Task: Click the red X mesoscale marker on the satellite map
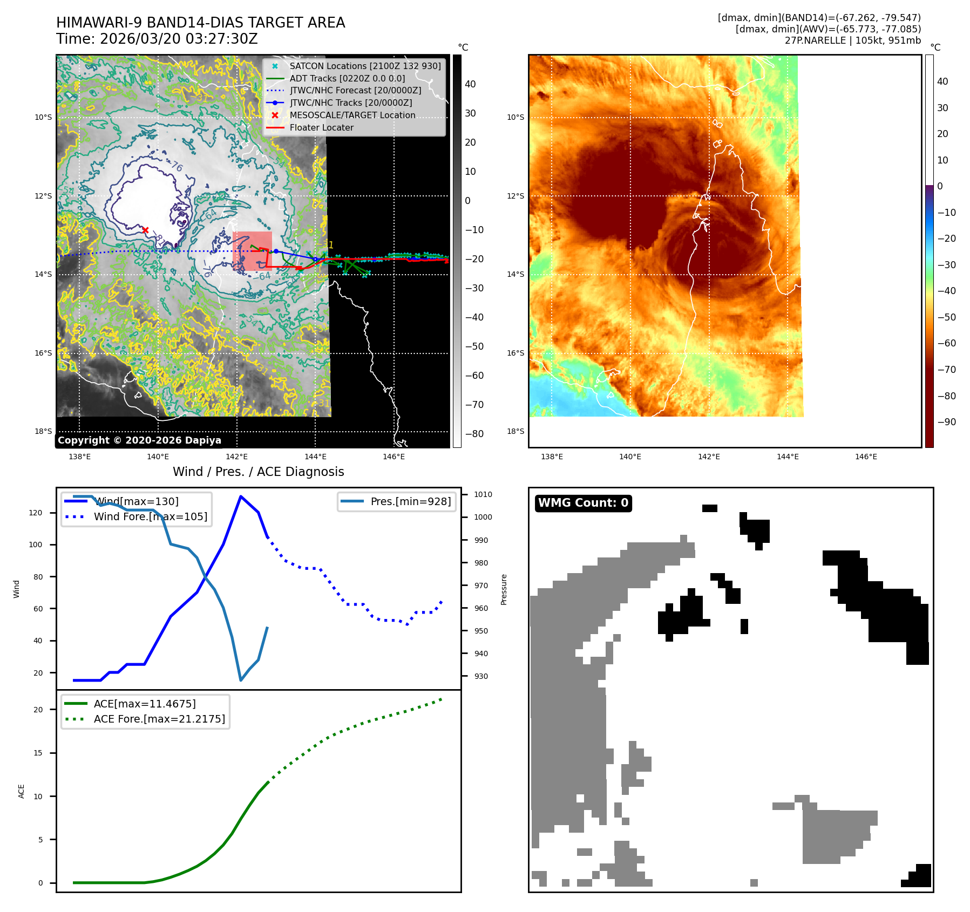pyautogui.click(x=145, y=230)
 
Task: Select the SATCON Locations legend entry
pyautogui.click(x=365, y=66)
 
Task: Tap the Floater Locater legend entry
pyautogui.click(x=321, y=127)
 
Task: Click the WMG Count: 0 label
pyautogui.click(x=583, y=503)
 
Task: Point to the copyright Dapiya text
pyautogui.click(x=139, y=440)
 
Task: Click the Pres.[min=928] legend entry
pyautogui.click(x=410, y=501)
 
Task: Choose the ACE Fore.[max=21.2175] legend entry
pyautogui.click(x=159, y=719)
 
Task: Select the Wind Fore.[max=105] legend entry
pyautogui.click(x=150, y=516)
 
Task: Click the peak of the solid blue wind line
pyautogui.click(x=240, y=496)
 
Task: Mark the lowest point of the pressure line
pyautogui.click(x=241, y=680)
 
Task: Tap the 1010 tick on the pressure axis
pyautogui.click(x=483, y=494)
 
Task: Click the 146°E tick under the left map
pyautogui.click(x=394, y=457)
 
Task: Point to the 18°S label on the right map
pyautogui.click(x=515, y=431)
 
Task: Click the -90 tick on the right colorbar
pyautogui.click(x=946, y=422)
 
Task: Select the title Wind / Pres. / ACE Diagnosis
pyautogui.click(x=258, y=472)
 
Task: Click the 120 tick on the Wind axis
pyautogui.click(x=36, y=513)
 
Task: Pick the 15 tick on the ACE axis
pyautogui.click(x=38, y=753)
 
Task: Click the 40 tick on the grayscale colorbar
pyautogui.click(x=470, y=84)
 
